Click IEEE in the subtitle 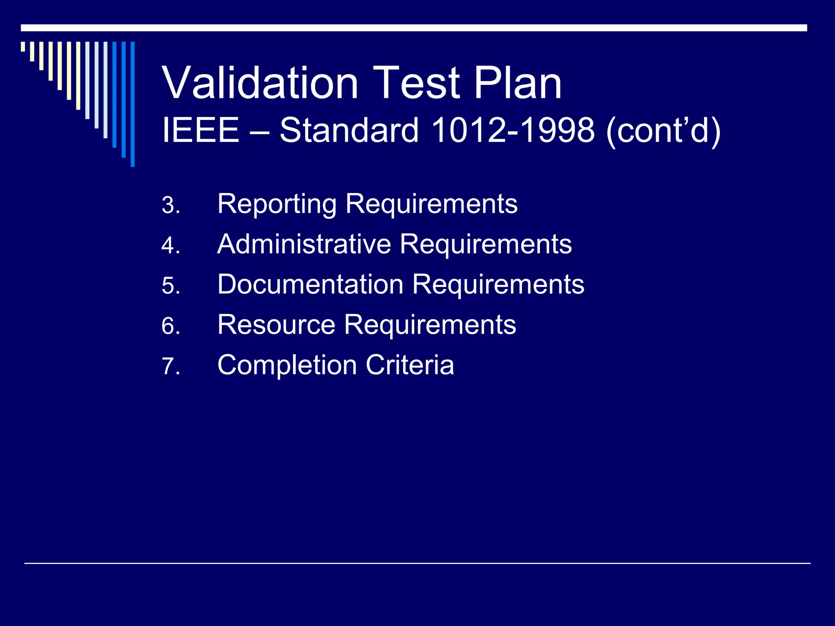tap(200, 130)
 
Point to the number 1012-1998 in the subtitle tap(512, 130)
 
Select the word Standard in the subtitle tap(349, 130)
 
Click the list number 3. tap(170, 205)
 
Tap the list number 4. tap(170, 245)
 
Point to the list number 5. tap(170, 286)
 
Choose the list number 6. tap(170, 326)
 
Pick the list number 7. tap(170, 366)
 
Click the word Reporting tap(277, 204)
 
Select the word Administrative tap(304, 244)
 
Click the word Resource tap(276, 324)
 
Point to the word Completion tap(287, 365)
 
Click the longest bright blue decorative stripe tap(133, 104)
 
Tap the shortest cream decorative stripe tap(23, 46)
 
